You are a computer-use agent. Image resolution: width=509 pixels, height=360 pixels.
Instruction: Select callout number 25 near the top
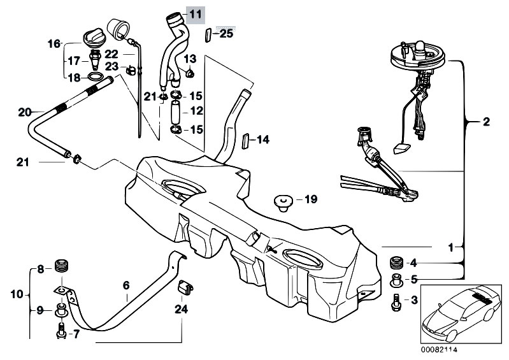pyautogui.click(x=226, y=34)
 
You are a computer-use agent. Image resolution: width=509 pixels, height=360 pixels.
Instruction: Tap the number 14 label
pyautogui.click(x=263, y=139)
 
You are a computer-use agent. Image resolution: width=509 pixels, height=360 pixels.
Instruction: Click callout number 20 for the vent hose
pyautogui.click(x=25, y=112)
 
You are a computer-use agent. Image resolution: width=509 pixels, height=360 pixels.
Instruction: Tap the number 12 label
pyautogui.click(x=196, y=111)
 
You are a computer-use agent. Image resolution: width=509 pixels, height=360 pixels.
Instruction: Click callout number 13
pyautogui.click(x=189, y=60)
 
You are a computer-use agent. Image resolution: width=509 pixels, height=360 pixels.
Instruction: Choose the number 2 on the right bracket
pyautogui.click(x=486, y=121)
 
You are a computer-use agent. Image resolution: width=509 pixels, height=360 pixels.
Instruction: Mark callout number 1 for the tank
pyautogui.click(x=450, y=246)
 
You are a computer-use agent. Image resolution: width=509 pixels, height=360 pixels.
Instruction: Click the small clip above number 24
pyautogui.click(x=185, y=287)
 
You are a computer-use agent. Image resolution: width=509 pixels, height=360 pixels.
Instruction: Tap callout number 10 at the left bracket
pyautogui.click(x=17, y=294)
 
